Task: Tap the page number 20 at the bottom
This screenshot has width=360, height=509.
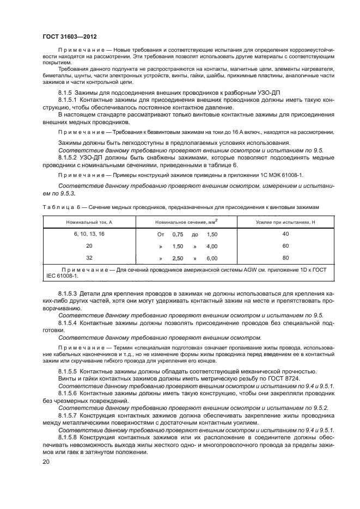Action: click(46, 462)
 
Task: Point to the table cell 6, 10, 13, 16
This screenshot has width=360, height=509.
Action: click(89, 234)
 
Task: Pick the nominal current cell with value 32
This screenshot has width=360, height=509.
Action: click(89, 257)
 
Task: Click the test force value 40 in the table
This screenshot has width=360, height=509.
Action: click(285, 234)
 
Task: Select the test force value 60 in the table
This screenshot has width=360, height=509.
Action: click(285, 246)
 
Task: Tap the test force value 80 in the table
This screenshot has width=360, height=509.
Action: click(285, 257)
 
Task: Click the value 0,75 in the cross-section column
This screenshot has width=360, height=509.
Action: click(178, 234)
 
